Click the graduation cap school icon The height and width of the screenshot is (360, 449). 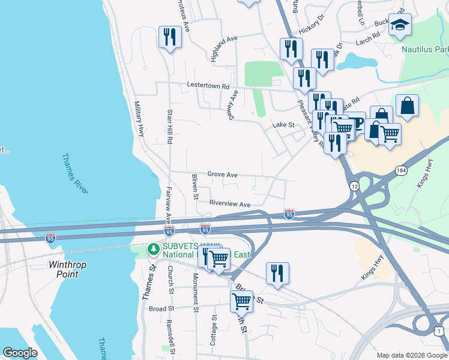pyautogui.click(x=400, y=25)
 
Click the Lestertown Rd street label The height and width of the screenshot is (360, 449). pyautogui.click(x=208, y=86)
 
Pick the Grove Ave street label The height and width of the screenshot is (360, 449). pyautogui.click(x=222, y=175)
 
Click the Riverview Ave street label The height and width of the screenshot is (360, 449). pyautogui.click(x=229, y=205)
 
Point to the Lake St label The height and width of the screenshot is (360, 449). pyautogui.click(x=283, y=125)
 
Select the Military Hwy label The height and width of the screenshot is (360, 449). pyautogui.click(x=139, y=118)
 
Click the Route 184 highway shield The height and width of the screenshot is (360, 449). pyautogui.click(x=401, y=171)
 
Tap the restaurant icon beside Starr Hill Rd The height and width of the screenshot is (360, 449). pyautogui.click(x=170, y=37)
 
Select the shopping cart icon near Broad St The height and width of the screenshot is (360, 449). pyautogui.click(x=241, y=301)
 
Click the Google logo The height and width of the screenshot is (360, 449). pyautogui.click(x=20, y=353)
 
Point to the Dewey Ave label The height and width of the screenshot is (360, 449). pyautogui.click(x=234, y=105)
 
